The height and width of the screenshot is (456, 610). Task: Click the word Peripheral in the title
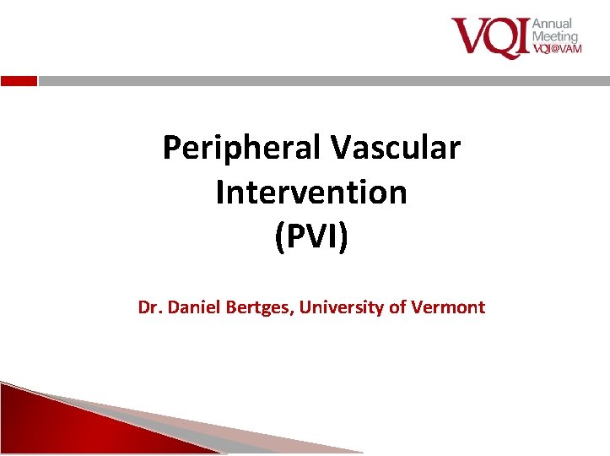pos(240,149)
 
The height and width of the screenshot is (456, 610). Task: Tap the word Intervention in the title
pos(311,193)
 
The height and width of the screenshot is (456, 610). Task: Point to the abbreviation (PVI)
pos(311,237)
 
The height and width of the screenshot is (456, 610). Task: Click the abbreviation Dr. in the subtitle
pos(151,307)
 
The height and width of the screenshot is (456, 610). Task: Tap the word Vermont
pos(448,307)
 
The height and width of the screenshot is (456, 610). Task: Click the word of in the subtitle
pos(397,307)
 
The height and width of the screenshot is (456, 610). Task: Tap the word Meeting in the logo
pos(555,36)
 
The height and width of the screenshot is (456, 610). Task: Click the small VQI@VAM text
pos(557,50)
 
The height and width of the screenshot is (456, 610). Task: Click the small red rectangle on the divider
pos(19,81)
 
